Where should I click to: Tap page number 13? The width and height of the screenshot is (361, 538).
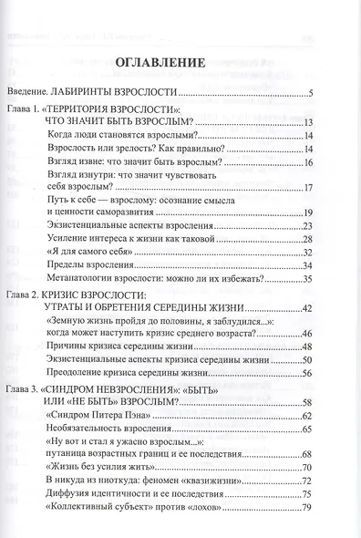pos(308,121)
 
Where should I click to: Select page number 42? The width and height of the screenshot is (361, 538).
pos(308,308)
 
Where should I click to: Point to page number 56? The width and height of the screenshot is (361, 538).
pos(308,374)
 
